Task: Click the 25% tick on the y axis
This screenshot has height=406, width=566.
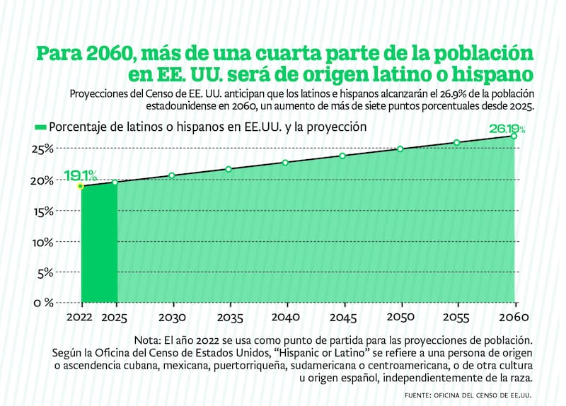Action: coord(41,149)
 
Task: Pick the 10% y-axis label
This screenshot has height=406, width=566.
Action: coord(41,242)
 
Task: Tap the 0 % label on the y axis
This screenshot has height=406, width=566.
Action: coord(40,303)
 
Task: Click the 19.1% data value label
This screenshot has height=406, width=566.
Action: coord(79,175)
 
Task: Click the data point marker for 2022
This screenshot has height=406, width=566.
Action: coord(81,186)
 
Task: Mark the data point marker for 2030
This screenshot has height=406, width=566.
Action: coord(171,175)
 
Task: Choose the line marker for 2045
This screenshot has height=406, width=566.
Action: coord(342,156)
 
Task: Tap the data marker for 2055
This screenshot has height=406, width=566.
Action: coord(457,142)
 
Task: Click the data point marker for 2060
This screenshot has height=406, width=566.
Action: coord(514,136)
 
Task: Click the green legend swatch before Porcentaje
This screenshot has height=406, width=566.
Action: coord(40,127)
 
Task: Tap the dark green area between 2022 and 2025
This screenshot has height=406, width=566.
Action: coord(99,244)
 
